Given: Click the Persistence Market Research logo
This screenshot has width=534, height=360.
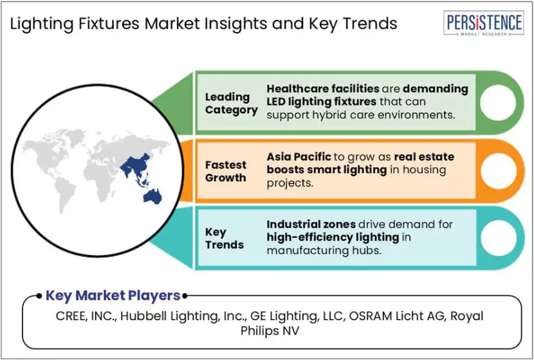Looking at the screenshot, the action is coord(484,23).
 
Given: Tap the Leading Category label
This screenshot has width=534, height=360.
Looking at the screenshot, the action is coord(231,104).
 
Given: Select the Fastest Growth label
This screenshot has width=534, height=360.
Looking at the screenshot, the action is coord(225,171).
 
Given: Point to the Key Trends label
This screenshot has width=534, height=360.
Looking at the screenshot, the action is coord(225,239).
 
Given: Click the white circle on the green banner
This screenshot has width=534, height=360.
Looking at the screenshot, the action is coord(498,103).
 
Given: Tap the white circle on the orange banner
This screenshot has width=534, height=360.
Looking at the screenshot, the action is coord(498,171).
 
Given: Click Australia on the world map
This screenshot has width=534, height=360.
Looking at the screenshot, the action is coord(152,196).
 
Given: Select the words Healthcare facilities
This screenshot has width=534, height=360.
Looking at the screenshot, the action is coord(323,89).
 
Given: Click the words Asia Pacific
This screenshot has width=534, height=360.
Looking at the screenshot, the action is coord(299,157).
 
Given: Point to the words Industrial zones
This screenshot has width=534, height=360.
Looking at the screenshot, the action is coord(311,224).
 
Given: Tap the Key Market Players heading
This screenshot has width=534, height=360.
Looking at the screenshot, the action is coord(113,296).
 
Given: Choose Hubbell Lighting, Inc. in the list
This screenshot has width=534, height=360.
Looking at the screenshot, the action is coord(184,316).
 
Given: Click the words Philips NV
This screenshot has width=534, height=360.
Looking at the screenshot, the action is coord(270,330).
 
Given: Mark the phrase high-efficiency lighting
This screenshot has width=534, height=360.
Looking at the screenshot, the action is coord(333,237).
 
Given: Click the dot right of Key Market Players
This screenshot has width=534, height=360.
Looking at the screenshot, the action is coord(185,296).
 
